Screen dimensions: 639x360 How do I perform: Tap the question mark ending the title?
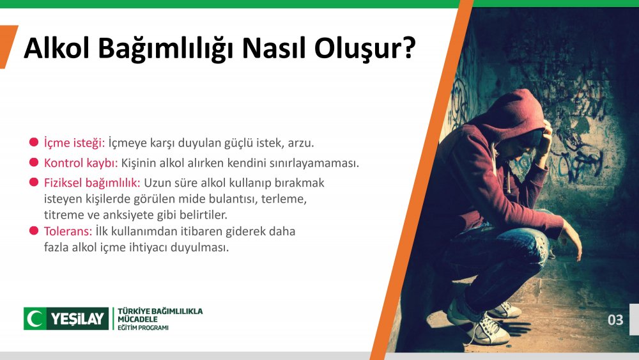point(409,48)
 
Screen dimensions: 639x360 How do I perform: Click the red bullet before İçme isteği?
point(34,143)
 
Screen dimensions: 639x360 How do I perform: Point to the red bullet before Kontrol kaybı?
point(34,162)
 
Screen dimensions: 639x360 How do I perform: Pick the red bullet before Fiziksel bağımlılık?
point(34,182)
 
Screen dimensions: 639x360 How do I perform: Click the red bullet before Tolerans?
point(34,231)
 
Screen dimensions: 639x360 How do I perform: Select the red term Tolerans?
point(68,231)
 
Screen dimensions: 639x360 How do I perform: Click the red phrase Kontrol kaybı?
point(81,163)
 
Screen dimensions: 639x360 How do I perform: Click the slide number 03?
point(615,320)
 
